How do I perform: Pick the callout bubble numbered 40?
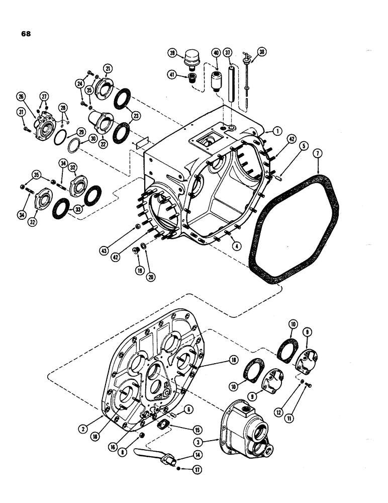click(x=216, y=53)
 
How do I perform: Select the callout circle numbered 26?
click(x=21, y=96)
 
